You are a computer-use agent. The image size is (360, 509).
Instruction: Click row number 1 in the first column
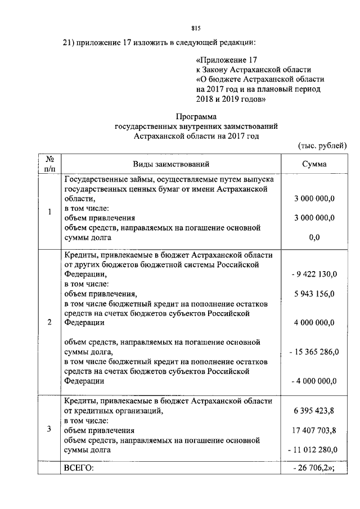pyautogui.click(x=49, y=212)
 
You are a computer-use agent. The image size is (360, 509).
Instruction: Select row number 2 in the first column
pyautogui.click(x=49, y=322)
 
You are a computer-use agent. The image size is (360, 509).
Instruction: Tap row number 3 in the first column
pyautogui.click(x=49, y=430)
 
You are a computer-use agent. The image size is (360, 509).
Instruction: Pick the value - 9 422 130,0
pyautogui.click(x=314, y=274)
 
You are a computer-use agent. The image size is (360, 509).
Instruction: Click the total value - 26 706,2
pyautogui.click(x=314, y=469)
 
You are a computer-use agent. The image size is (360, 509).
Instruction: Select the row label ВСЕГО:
pyautogui.click(x=79, y=469)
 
